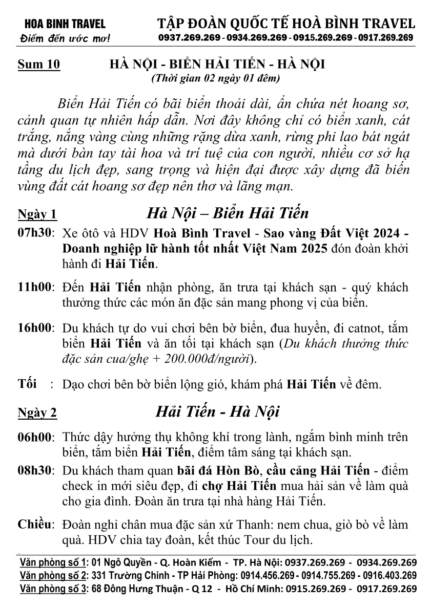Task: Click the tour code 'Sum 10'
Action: (39, 64)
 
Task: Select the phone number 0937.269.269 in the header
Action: (190, 38)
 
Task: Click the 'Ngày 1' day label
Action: (37, 213)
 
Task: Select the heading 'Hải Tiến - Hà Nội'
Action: (217, 411)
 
